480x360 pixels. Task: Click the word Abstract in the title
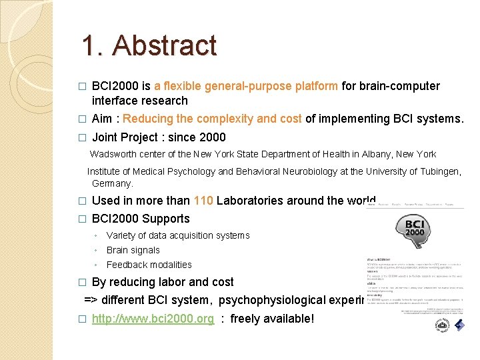(x=165, y=45)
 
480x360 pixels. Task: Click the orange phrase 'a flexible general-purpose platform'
(x=246, y=86)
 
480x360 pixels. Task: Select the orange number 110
(x=203, y=201)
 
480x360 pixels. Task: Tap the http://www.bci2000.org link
(x=153, y=319)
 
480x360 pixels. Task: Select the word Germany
(x=113, y=183)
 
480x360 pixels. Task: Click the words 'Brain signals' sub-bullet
(x=133, y=250)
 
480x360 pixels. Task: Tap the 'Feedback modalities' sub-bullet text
(x=149, y=265)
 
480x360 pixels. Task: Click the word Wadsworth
(x=112, y=154)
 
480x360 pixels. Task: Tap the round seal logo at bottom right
(x=441, y=325)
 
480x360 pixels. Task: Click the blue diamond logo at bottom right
(x=460, y=325)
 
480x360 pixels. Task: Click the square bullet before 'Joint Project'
(x=82, y=138)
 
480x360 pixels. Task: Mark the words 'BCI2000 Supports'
(x=141, y=219)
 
